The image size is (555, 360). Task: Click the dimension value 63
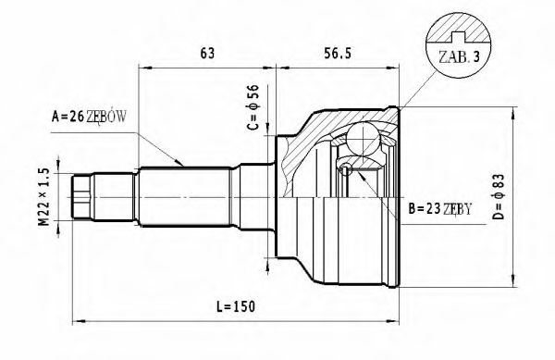(206, 54)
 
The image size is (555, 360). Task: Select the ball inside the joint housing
(345, 169)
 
